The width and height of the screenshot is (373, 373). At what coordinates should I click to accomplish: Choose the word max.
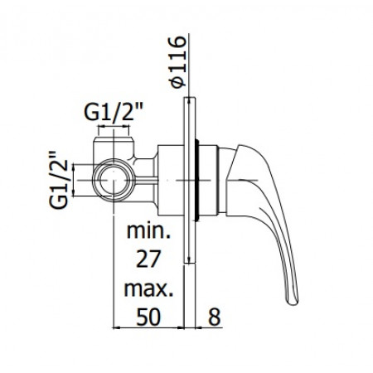(x=148, y=291)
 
